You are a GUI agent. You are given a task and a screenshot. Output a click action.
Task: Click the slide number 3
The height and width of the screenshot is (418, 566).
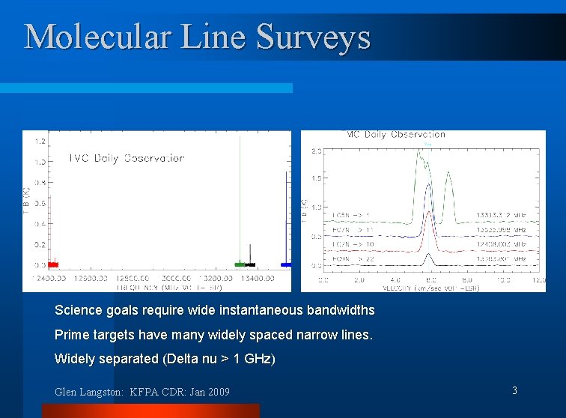click(x=514, y=390)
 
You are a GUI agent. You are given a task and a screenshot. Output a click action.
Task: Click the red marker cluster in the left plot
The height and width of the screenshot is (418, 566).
click(x=52, y=264)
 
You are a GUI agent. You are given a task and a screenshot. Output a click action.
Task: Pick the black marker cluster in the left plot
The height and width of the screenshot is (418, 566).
click(x=250, y=264)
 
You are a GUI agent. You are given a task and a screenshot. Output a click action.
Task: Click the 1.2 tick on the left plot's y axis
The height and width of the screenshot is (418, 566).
click(x=39, y=141)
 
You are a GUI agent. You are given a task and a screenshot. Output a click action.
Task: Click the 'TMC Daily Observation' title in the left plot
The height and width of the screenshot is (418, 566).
click(x=127, y=158)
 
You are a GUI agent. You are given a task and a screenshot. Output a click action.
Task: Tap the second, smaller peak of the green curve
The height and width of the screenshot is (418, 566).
click(x=448, y=175)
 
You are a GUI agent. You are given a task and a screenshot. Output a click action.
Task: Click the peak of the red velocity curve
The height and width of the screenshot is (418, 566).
click(x=427, y=213)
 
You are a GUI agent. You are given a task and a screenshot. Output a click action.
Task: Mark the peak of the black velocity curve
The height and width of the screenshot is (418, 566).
click(x=427, y=255)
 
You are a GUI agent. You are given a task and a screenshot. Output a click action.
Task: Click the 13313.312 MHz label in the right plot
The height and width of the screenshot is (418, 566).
click(x=506, y=216)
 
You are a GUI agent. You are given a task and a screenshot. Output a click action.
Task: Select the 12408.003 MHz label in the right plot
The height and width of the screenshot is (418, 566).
click(x=506, y=243)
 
